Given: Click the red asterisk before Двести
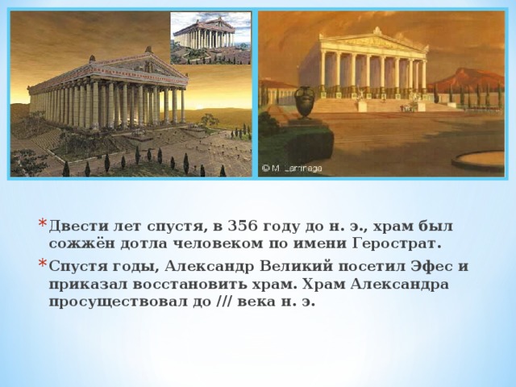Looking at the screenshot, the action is [43, 223].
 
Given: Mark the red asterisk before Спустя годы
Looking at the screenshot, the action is [43, 264].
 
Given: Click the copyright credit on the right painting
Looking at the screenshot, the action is [292, 169].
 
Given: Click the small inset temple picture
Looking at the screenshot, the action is [210, 38].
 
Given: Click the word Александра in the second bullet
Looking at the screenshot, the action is [399, 284].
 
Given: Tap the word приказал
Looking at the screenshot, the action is [88, 285].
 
